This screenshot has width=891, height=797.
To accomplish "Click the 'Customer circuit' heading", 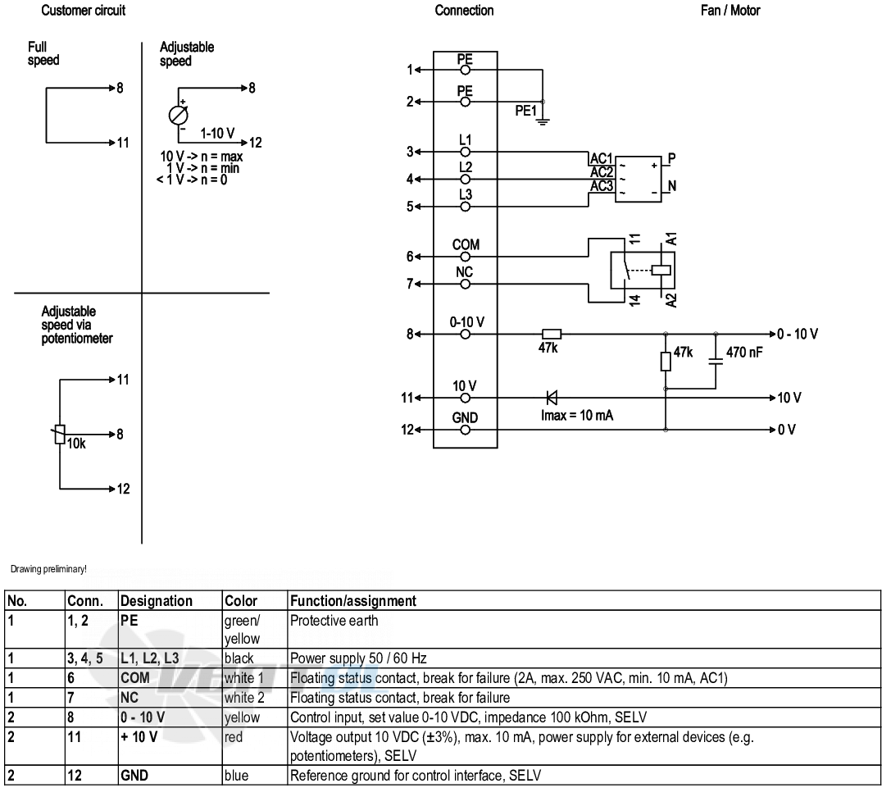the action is pos(83,10).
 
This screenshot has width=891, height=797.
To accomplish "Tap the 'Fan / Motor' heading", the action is pos(730,10).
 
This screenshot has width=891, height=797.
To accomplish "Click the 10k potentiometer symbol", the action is pos(60,435).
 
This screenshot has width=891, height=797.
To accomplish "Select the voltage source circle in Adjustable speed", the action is pos(179,116).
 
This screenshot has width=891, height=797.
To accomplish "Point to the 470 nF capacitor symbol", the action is pos(716,361).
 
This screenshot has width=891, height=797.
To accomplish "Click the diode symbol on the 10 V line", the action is pos(551,398).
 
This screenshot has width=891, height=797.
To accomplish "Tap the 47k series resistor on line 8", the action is pos(552,334).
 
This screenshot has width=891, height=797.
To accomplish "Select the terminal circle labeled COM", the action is pos(466,257).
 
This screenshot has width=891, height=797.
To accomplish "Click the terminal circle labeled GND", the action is pos(466,430).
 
